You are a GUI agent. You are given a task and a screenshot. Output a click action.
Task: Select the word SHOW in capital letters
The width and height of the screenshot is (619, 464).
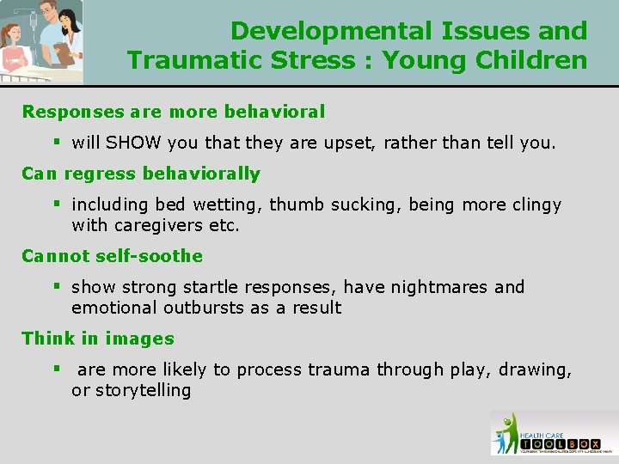click(131, 142)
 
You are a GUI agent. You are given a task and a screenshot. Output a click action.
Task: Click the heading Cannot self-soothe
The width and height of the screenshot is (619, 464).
click(112, 255)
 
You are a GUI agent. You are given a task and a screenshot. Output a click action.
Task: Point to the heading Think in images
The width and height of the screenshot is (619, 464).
click(98, 339)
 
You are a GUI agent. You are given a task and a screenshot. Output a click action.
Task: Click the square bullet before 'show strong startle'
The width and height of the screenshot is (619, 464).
click(56, 287)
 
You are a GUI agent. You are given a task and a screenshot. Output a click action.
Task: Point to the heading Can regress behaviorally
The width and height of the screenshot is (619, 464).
click(140, 173)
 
